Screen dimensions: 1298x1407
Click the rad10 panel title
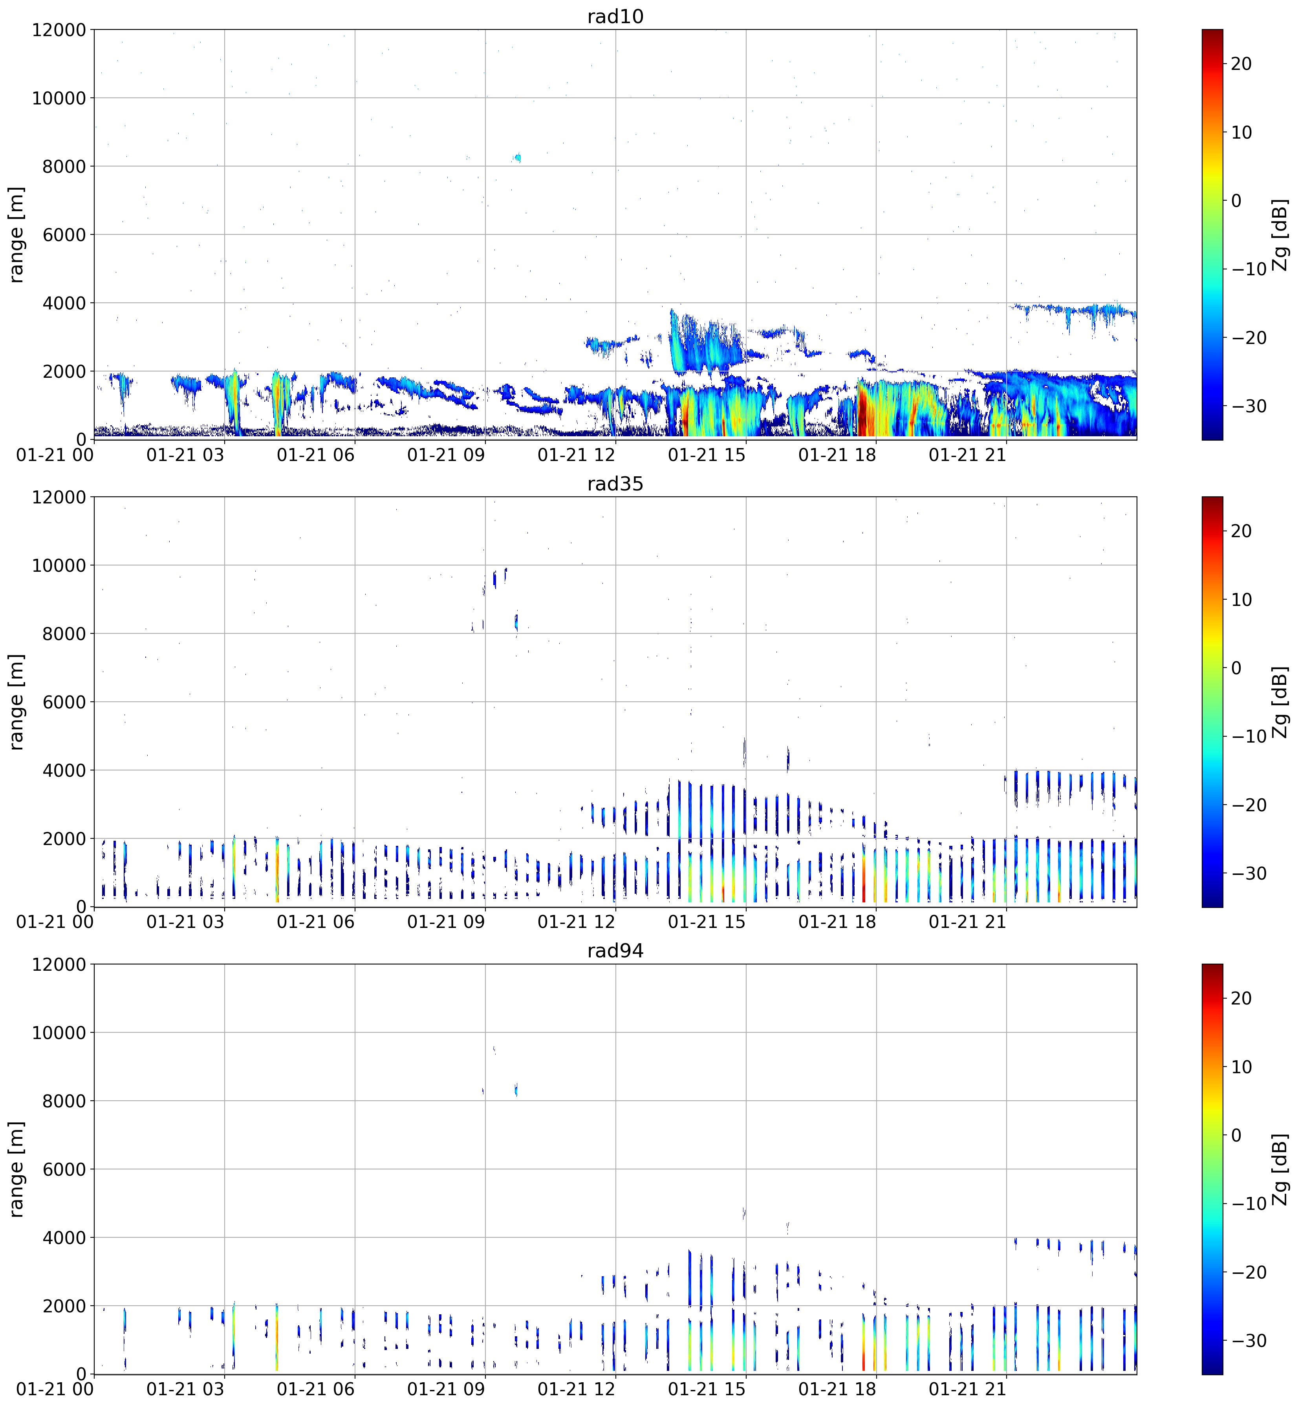tap(615, 16)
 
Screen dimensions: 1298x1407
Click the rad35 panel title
tap(615, 484)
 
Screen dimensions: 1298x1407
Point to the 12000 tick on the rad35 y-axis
tap(59, 497)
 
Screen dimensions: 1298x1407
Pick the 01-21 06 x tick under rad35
tap(316, 922)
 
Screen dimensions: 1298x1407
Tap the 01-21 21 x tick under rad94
tap(968, 1389)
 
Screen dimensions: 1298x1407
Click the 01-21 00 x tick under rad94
tap(55, 1389)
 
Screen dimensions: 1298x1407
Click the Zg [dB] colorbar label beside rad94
tap(1281, 1169)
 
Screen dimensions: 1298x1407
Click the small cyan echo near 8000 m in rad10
tap(518, 158)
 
